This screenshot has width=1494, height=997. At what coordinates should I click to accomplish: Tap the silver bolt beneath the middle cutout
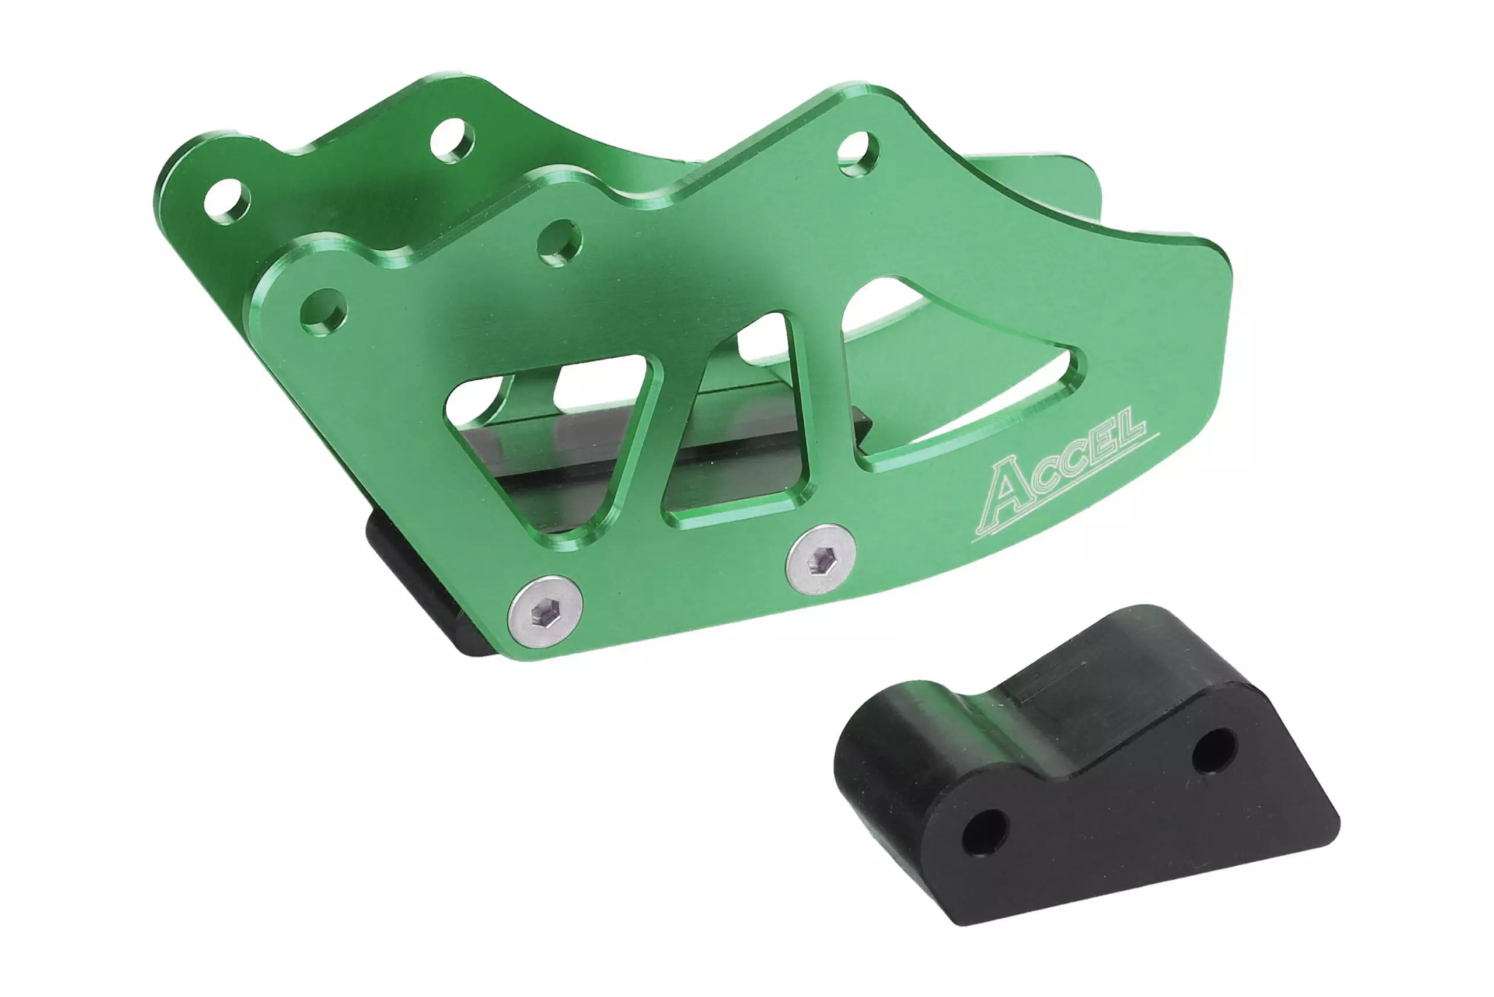(821, 560)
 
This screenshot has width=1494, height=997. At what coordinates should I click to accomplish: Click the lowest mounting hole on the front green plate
(324, 313)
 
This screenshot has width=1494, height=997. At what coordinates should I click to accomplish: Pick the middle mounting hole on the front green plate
(559, 242)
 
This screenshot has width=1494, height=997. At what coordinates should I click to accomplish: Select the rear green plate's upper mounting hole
(452, 141)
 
